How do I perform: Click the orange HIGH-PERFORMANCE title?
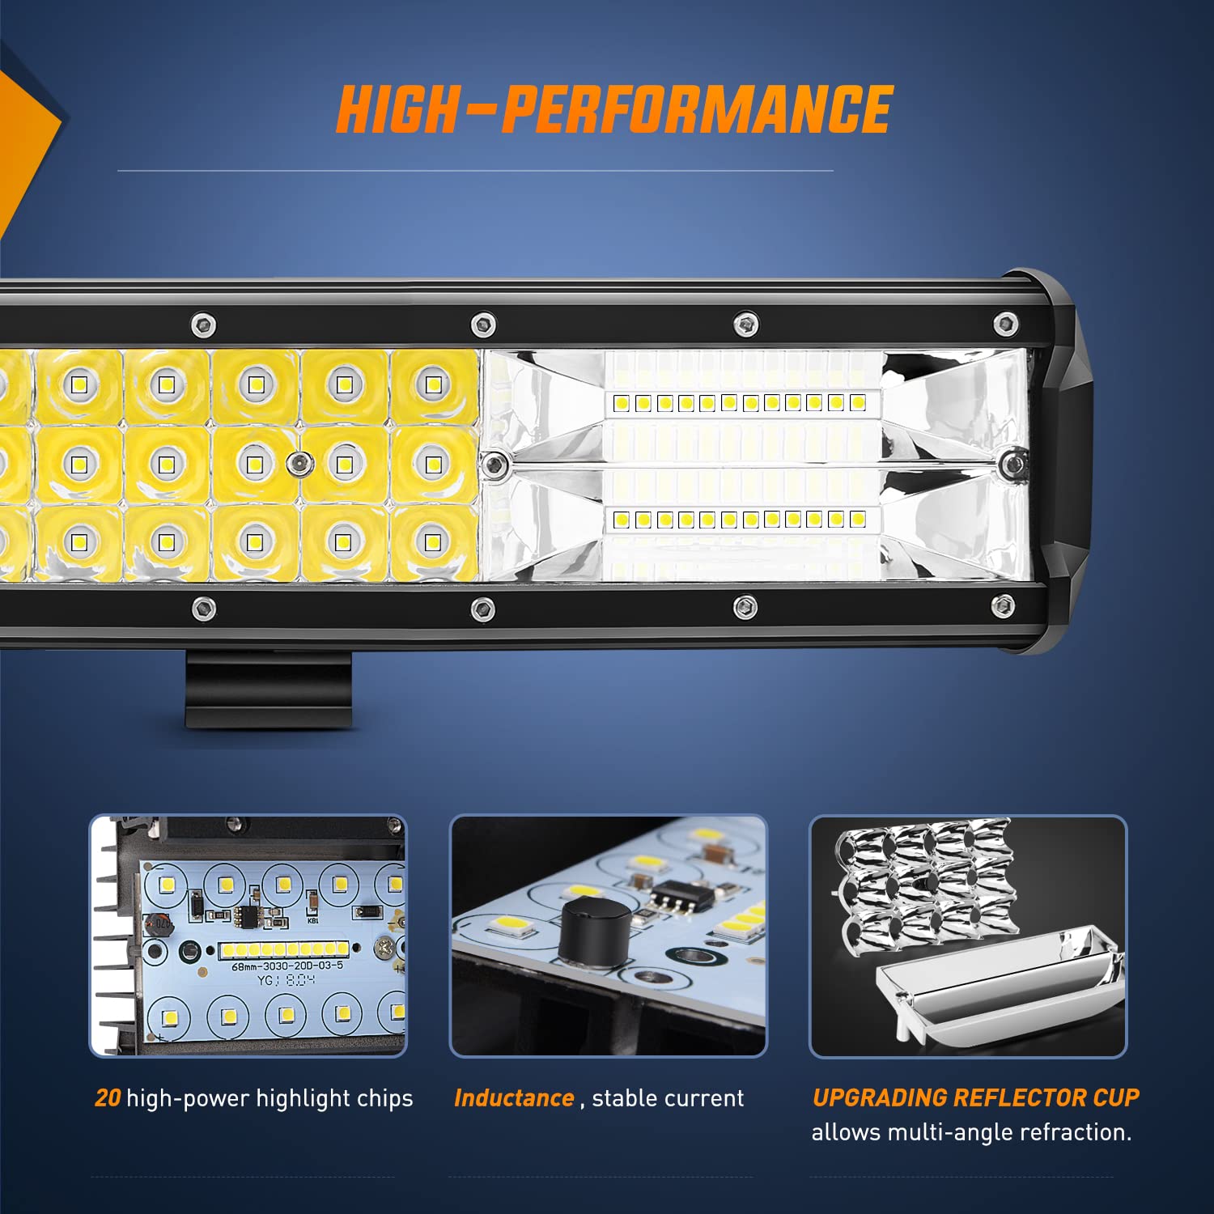tap(613, 109)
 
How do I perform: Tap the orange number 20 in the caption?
tap(108, 1098)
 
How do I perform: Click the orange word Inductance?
tap(514, 1098)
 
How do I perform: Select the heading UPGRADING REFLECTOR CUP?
tap(975, 1097)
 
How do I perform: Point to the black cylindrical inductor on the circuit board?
tap(595, 930)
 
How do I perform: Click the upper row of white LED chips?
tap(740, 402)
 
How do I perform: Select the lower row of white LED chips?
tap(740, 520)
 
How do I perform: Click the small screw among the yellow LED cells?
tap(300, 463)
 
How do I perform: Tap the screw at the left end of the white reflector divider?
tap(494, 465)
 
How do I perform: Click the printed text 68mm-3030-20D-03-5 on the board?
tap(287, 966)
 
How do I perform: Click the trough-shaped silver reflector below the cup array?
tap(1000, 983)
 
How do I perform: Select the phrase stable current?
tap(668, 1098)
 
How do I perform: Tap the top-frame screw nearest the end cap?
tap(1005, 323)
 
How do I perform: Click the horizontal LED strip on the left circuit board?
tap(283, 949)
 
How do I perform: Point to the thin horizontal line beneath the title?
tap(475, 171)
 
